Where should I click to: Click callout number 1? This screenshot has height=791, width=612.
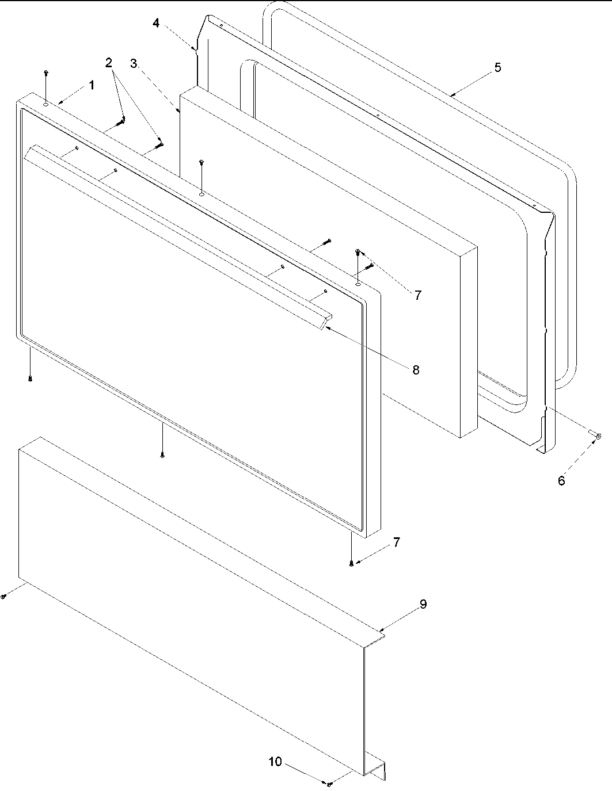90,85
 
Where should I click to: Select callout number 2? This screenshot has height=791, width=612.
109,63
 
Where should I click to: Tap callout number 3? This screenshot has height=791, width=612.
133,63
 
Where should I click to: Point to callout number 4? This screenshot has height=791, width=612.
156,22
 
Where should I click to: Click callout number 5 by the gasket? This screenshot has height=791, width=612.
497,67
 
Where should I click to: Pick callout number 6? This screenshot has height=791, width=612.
561,480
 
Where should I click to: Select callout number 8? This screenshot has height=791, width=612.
416,369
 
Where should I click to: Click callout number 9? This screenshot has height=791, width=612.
423,604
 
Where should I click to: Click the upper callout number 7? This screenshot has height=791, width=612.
417,295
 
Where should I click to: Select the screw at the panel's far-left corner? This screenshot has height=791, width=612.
3,597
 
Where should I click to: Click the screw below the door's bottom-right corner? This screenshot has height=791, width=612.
351,563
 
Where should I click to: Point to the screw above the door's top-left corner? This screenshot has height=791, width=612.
46,72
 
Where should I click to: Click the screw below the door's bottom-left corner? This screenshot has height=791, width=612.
29,378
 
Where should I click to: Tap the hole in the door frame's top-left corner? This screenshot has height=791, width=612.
45,104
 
